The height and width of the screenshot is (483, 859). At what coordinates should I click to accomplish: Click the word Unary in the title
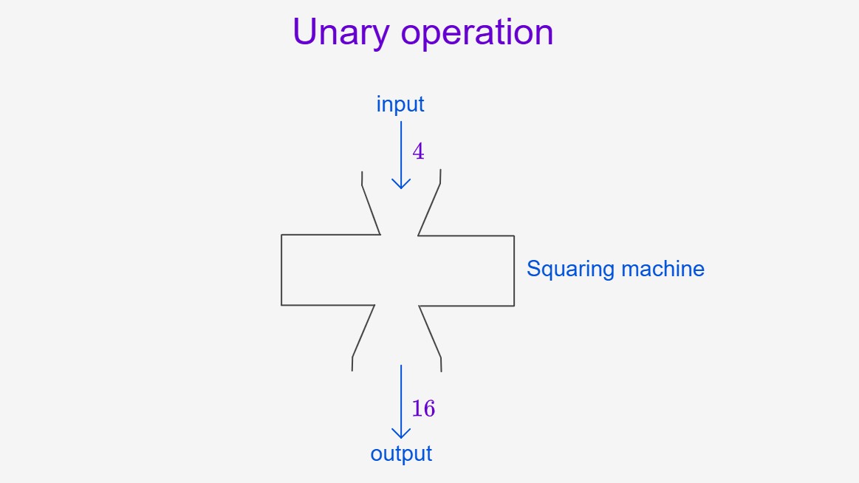click(340, 32)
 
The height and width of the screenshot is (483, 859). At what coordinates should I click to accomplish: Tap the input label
click(400, 104)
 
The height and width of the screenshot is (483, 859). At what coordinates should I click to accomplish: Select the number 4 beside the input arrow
click(418, 151)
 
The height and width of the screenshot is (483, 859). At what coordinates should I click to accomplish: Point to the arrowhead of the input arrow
click(401, 184)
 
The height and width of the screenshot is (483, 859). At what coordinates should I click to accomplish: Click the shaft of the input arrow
click(401, 155)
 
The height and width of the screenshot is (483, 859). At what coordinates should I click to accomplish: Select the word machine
click(663, 268)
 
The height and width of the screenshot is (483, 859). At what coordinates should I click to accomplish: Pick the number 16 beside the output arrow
click(423, 408)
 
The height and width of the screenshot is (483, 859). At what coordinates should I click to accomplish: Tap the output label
click(401, 454)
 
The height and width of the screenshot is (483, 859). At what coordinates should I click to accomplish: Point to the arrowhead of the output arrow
click(401, 434)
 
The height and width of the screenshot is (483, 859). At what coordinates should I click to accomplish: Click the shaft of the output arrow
click(401, 402)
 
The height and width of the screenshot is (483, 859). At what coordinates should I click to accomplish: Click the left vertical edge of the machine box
click(281, 270)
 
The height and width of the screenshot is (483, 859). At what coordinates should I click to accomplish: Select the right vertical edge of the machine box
click(514, 270)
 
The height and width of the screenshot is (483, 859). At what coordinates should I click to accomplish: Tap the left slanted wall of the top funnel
click(371, 210)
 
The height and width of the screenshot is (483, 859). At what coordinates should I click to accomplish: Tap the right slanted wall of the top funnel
click(430, 210)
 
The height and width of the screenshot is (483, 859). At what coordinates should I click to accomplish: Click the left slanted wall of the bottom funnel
click(363, 332)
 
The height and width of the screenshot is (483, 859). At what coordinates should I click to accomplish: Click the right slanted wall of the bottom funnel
click(430, 332)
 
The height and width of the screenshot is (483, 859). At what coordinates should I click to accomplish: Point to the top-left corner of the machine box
click(281, 235)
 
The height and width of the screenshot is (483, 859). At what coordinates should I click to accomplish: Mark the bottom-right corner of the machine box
click(514, 306)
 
